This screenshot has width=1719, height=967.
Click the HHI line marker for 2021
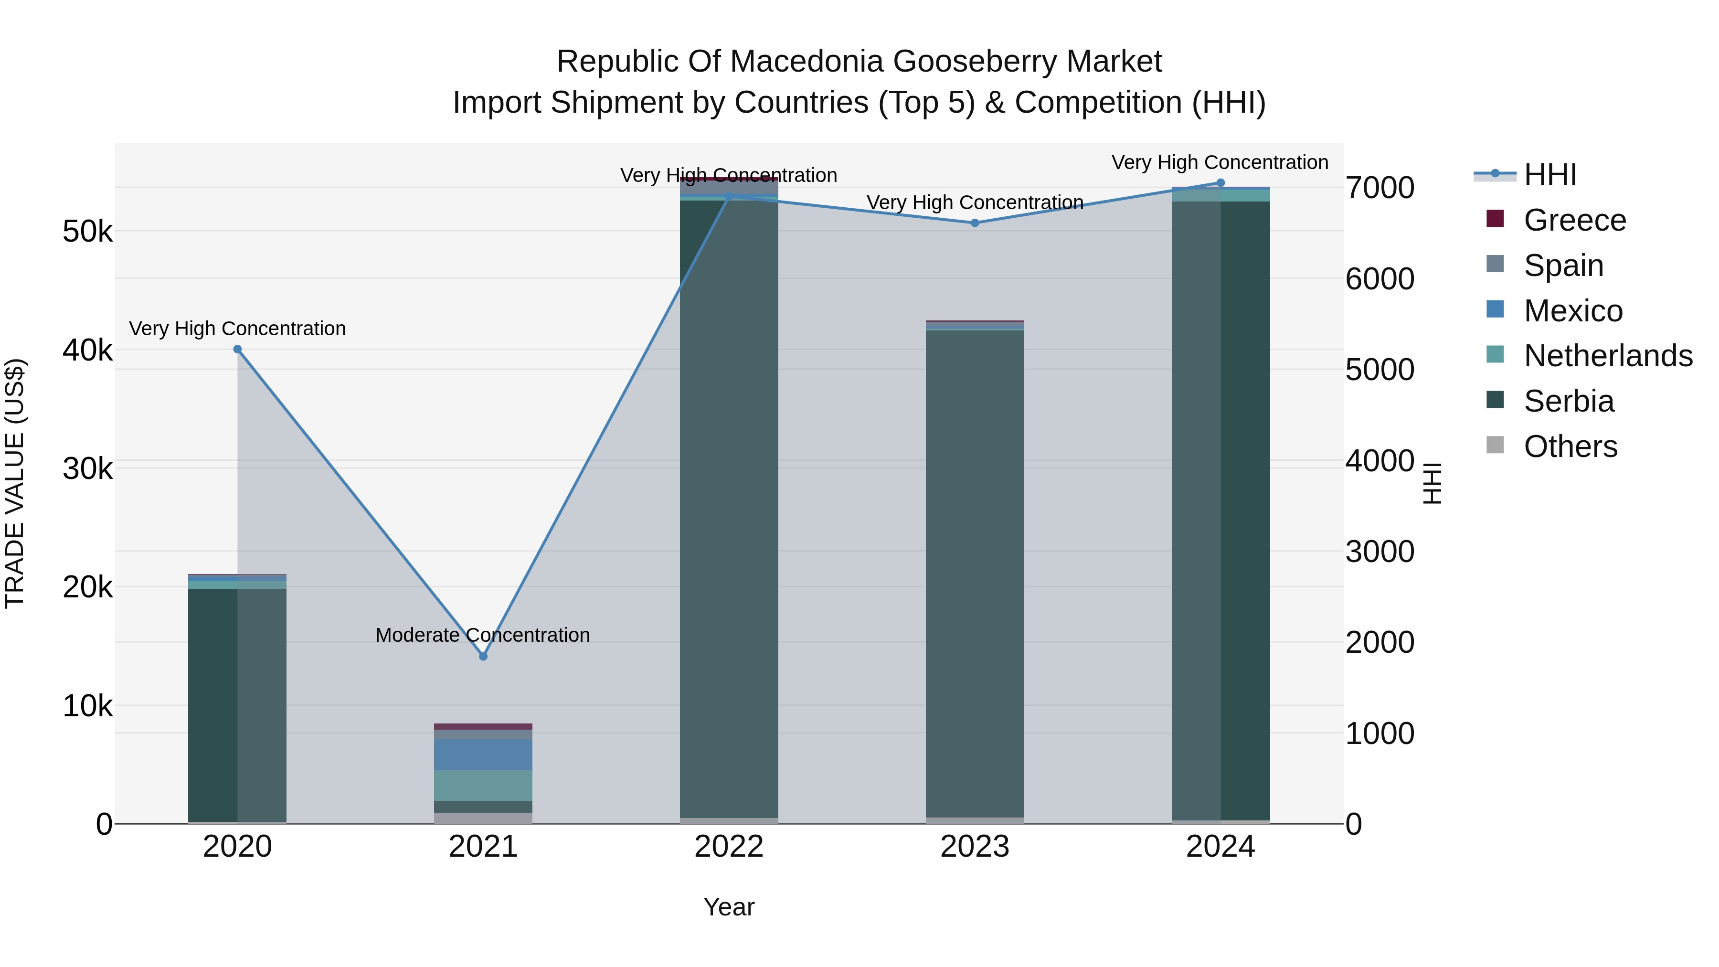click(483, 657)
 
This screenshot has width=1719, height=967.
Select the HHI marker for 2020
click(238, 349)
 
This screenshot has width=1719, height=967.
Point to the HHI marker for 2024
click(1220, 183)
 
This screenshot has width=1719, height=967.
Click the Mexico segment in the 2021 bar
click(483, 754)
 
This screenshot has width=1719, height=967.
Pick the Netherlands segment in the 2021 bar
click(483, 786)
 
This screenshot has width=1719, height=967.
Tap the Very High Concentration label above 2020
click(238, 329)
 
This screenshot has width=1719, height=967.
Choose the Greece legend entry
click(1574, 220)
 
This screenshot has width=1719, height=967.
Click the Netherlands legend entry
click(1608, 356)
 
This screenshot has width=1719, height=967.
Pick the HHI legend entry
click(1549, 175)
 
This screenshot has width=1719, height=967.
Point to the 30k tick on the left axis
click(87, 469)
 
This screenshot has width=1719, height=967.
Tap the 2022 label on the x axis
click(729, 847)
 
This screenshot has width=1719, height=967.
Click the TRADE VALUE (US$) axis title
click(15, 483)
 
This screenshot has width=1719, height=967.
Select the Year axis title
click(729, 907)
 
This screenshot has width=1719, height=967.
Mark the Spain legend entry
click(1563, 266)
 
